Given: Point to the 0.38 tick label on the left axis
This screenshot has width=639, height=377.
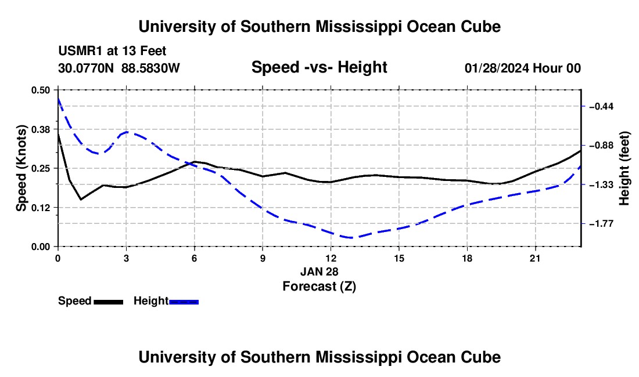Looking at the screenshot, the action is click(x=40, y=129).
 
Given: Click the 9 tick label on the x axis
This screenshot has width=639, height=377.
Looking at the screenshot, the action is click(x=263, y=259).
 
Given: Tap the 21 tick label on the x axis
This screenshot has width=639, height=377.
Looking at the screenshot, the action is click(x=535, y=259).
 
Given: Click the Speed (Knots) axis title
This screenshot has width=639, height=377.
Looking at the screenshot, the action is click(x=21, y=168).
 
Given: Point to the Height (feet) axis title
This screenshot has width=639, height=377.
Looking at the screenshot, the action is click(x=624, y=168).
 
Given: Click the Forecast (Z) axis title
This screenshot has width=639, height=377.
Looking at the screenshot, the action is click(x=319, y=287).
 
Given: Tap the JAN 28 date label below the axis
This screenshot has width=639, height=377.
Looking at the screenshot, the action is click(x=319, y=271).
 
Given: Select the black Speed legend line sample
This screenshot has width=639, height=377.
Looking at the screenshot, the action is click(x=109, y=302).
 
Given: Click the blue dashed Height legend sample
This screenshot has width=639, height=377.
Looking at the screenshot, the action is click(x=184, y=302).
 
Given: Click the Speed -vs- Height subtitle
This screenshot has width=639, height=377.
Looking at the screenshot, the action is click(x=319, y=67).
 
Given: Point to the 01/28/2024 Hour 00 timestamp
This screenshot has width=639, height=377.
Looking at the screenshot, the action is click(x=523, y=68).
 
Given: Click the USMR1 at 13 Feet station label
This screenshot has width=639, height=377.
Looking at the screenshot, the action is click(x=112, y=51).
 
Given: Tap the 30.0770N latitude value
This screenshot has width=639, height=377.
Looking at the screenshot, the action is click(x=86, y=68).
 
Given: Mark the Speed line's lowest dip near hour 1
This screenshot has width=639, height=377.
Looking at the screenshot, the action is click(x=81, y=200).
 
